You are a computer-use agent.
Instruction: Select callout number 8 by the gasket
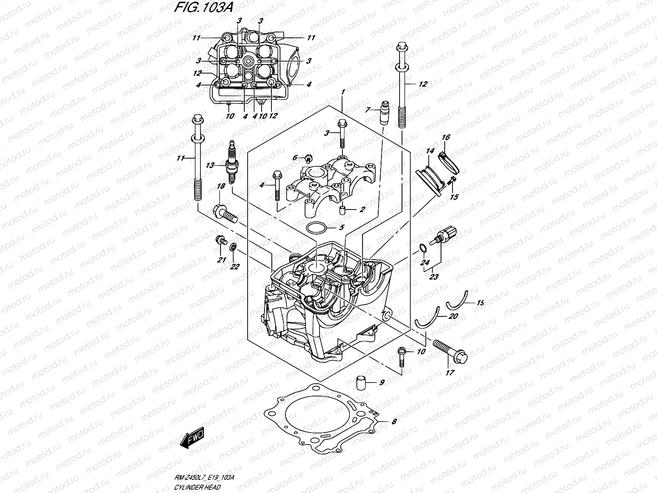coord(394,421)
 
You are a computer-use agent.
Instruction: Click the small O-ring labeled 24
coord(423,248)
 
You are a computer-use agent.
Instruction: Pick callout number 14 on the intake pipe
coord(430,151)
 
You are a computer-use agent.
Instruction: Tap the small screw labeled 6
coord(308,157)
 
